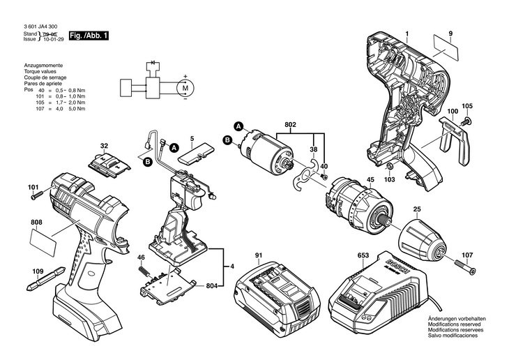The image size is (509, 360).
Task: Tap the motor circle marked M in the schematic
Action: point(185,87)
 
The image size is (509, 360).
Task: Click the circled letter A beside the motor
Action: point(238,126)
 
